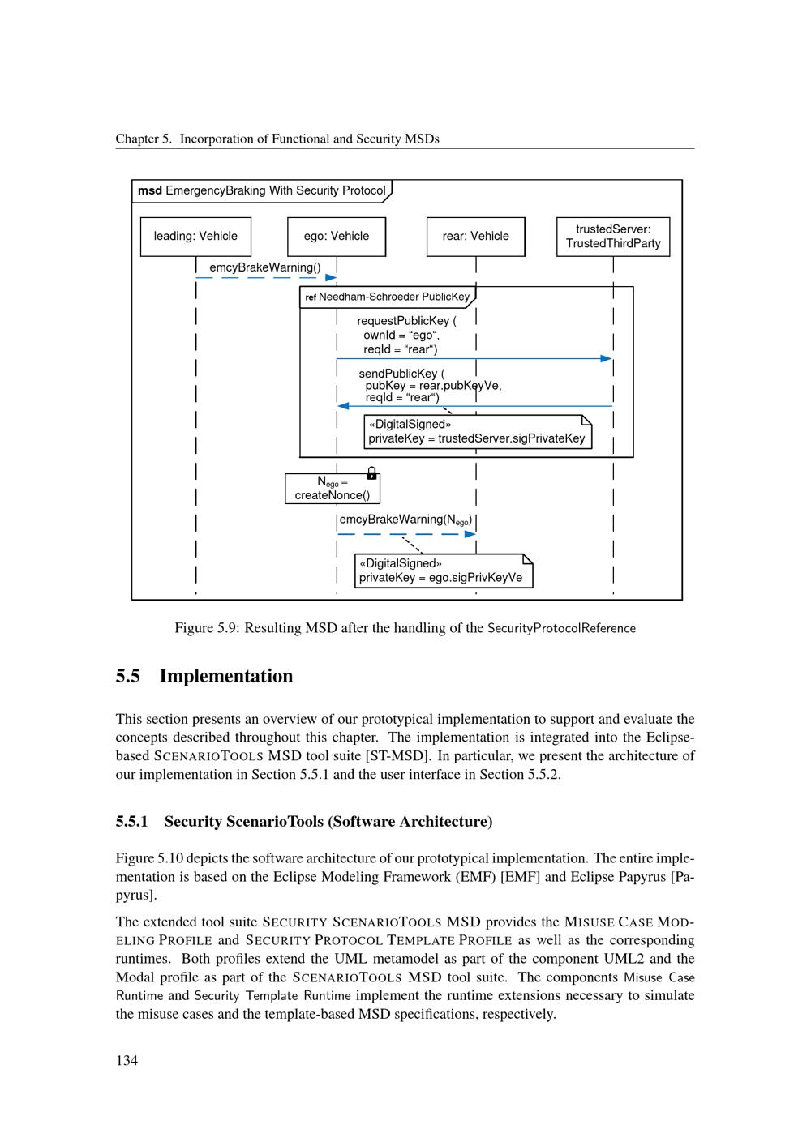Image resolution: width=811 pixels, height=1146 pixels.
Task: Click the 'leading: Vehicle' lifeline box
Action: [195, 237]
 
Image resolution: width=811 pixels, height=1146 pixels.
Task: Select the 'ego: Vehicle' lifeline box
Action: [337, 237]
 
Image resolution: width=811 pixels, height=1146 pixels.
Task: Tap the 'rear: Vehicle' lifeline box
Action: [476, 237]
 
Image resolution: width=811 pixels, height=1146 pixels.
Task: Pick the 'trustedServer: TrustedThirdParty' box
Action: [613, 237]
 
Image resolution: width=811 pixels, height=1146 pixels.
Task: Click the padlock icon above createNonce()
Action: [371, 473]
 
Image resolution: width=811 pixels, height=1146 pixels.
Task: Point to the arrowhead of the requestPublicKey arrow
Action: [607, 358]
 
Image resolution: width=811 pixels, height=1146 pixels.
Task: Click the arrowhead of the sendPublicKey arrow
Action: [343, 406]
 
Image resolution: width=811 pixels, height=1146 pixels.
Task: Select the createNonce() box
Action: [333, 489]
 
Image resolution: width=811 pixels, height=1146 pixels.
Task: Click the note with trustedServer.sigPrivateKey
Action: [477, 432]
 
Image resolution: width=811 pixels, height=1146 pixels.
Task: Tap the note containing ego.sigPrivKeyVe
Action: [443, 571]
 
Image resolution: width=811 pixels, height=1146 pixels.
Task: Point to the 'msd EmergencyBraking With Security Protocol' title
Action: [261, 191]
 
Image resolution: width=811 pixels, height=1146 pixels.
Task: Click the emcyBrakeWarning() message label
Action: [265, 267]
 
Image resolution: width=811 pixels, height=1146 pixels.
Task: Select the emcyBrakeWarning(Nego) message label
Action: [405, 520]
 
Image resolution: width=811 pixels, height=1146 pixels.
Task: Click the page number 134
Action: [127, 1060]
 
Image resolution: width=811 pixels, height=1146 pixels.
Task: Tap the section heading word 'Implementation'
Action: [226, 676]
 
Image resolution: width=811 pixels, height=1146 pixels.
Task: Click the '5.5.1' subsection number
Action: [131, 822]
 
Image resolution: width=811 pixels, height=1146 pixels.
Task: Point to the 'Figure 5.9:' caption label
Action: [206, 628]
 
